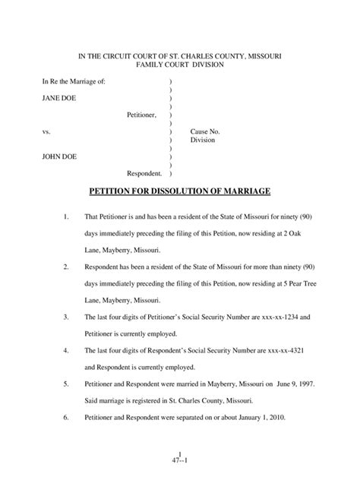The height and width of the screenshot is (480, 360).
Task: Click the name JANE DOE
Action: click(58, 98)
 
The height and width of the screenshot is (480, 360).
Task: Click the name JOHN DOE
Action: click(58, 157)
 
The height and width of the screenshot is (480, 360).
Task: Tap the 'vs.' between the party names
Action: click(46, 131)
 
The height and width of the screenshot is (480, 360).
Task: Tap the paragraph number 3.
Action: click(67, 317)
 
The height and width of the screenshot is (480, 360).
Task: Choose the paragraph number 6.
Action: click(67, 419)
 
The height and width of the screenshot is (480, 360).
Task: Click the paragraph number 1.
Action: click(67, 219)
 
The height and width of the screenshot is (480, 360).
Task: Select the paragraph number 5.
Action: click(67, 385)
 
